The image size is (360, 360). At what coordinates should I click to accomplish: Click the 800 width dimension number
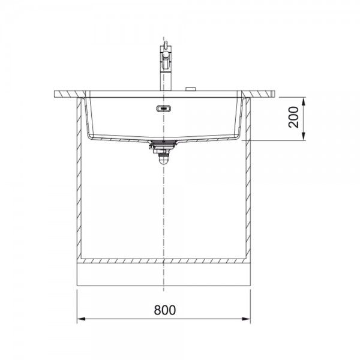point(165,310)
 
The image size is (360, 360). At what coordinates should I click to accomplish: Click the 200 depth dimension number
point(293,117)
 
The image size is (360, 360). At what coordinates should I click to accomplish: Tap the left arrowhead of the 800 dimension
point(81,319)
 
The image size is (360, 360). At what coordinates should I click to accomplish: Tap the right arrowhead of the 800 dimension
point(246,319)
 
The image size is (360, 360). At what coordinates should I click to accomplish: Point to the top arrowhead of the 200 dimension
point(304,101)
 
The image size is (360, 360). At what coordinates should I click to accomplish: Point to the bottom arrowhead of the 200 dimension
point(304,136)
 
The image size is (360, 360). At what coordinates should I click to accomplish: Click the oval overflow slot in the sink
point(164,109)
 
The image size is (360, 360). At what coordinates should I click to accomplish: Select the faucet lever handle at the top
point(166,44)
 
